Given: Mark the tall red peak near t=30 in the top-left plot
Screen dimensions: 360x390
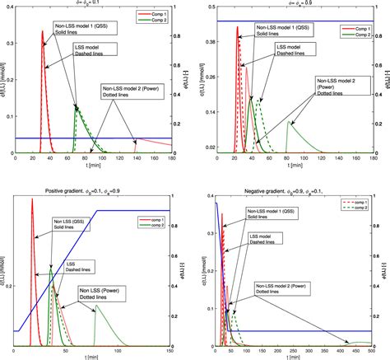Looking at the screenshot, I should pyautogui.click(x=43, y=31).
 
